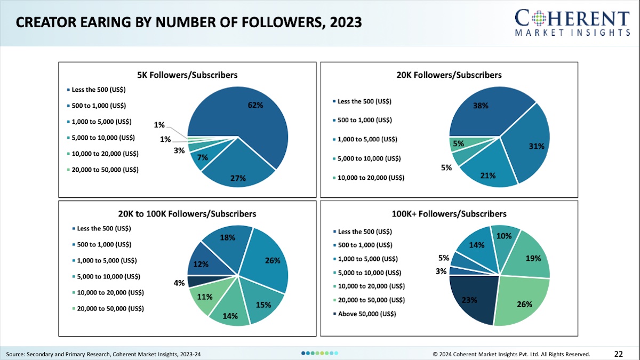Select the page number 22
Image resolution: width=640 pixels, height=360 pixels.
(x=619, y=354)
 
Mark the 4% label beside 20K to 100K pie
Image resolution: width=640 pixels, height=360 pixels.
(x=179, y=283)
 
